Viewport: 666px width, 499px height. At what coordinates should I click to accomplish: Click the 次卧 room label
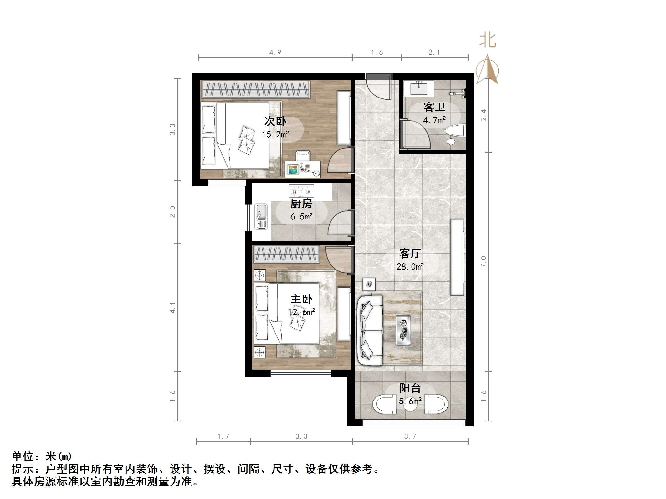point(275,121)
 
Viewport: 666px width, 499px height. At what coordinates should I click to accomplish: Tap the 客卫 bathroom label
point(434,107)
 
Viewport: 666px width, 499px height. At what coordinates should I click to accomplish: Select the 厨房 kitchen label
point(301,204)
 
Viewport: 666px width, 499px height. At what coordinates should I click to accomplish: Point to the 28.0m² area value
point(410,267)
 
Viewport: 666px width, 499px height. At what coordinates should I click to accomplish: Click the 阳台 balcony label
point(410,388)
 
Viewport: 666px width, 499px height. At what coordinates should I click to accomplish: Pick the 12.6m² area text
point(301,312)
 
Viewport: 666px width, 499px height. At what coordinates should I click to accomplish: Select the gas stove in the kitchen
point(301,190)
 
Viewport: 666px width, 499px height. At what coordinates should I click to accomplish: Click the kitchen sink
point(261,216)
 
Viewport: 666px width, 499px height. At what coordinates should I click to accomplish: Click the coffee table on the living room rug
point(403,330)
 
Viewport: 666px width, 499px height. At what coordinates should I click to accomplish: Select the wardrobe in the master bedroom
point(286,254)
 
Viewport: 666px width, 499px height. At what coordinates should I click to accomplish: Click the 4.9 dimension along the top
point(275,53)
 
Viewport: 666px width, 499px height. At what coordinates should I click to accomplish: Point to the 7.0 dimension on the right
point(484,261)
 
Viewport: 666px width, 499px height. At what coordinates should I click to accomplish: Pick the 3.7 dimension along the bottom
point(410,436)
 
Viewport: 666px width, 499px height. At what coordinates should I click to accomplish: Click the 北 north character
point(488,41)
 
